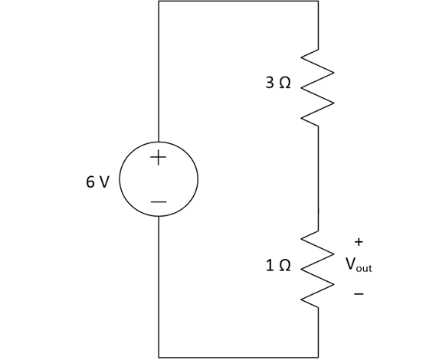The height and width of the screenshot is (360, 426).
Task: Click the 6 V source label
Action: point(98,182)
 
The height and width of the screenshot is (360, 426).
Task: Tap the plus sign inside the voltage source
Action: point(158,157)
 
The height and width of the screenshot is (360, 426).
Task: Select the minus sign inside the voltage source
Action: point(159,202)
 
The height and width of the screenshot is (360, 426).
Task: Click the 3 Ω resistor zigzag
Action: point(317,88)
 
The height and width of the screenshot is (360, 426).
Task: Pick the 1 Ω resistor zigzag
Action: point(317,270)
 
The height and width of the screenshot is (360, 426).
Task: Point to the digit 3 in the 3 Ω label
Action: point(270,83)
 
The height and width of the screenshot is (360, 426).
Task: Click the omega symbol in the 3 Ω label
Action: point(285,83)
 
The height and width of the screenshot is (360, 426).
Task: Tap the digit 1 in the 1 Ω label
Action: point(270,265)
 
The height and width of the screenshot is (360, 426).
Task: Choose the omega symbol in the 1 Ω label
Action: point(285,265)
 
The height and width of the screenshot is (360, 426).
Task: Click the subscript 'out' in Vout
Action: point(364,268)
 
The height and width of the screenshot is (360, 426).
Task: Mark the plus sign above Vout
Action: point(359,241)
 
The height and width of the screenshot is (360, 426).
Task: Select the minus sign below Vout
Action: point(359,293)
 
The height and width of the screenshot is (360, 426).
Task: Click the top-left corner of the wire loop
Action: point(159,1)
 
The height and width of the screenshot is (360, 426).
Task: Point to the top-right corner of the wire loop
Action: point(318,1)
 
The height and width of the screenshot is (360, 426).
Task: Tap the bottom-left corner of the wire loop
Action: point(159,357)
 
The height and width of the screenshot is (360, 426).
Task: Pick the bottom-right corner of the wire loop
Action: point(318,357)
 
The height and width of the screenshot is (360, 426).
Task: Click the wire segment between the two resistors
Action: point(318,178)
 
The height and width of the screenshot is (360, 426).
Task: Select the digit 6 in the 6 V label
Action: point(90,182)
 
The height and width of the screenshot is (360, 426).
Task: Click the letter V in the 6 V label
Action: point(104,182)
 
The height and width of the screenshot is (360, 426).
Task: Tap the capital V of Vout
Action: point(351,263)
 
